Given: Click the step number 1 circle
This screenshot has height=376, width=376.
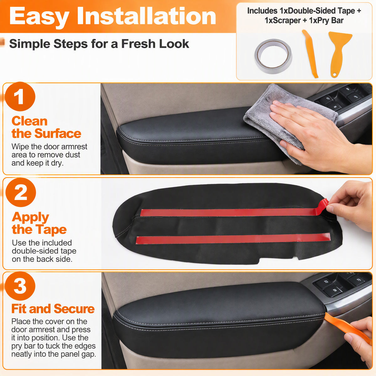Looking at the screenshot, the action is tap(20, 97).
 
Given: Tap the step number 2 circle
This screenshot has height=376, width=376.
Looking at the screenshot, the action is tap(21, 192).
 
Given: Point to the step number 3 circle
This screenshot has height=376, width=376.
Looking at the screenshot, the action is tap(20, 286).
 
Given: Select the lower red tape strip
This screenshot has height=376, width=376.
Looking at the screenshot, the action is tap(233, 239).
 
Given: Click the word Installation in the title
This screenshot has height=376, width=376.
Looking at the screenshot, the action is tap(146, 16).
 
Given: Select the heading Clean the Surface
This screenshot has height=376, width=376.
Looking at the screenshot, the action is tap(46, 127).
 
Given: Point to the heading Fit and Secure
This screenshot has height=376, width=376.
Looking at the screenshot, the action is tap(53, 309).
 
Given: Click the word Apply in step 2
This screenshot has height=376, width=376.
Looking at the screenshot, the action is tap(30, 217).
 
